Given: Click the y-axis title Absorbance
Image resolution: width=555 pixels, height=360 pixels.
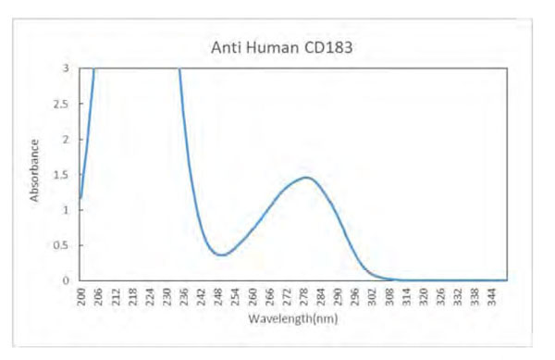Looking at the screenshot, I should pos(35,170).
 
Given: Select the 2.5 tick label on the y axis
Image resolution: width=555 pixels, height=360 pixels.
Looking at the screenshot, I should pos(63,104).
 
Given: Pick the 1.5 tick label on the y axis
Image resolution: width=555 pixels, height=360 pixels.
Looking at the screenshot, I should pos(63,174).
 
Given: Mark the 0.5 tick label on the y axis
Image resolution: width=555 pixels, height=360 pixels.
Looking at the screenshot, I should pos(63,244).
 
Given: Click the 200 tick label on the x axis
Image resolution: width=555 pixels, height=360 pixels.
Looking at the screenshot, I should pos(81,295).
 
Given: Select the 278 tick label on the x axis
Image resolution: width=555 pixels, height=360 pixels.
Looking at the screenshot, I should pos(304,295).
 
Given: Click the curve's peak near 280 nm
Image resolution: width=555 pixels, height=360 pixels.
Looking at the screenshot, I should pos(306,177).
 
